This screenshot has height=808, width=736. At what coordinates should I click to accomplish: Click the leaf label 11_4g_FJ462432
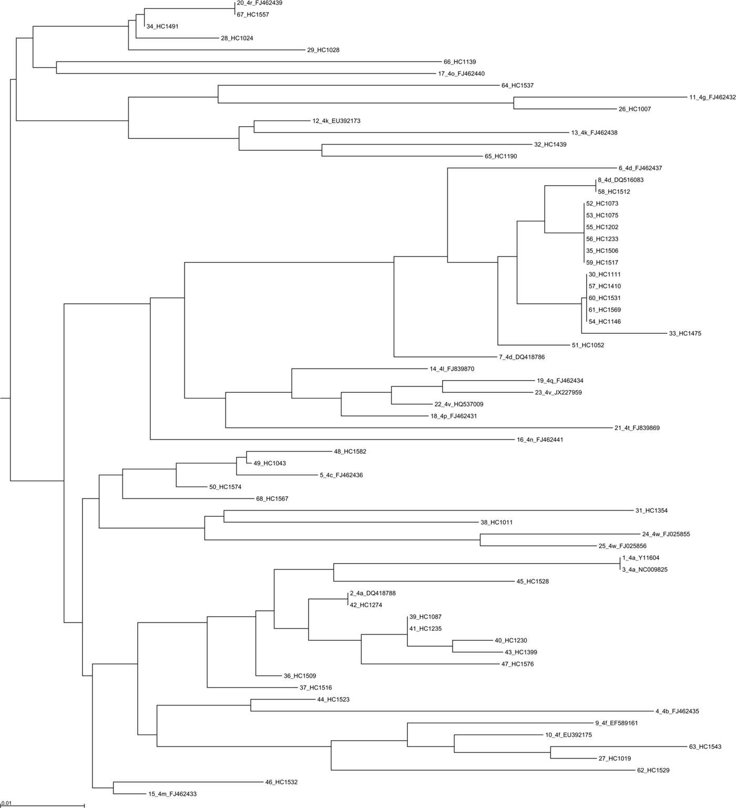(x=712, y=97)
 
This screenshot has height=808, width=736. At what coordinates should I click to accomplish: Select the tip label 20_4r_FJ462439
(x=260, y=3)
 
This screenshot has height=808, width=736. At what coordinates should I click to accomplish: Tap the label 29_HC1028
(x=323, y=50)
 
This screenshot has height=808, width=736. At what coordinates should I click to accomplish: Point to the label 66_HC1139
(x=460, y=62)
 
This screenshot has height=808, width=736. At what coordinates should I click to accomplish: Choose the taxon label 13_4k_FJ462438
(x=595, y=132)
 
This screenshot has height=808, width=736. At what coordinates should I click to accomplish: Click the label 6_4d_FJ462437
(x=640, y=168)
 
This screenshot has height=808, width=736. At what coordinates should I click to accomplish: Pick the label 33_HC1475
(x=685, y=333)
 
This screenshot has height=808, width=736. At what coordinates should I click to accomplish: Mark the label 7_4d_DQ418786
(x=522, y=357)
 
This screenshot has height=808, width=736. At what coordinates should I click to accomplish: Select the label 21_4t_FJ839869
(x=637, y=428)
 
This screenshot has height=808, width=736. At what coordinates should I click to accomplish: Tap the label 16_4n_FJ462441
(x=540, y=439)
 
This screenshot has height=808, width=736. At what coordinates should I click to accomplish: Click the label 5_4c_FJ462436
(x=341, y=475)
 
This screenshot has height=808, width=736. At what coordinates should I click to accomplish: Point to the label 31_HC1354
(x=651, y=510)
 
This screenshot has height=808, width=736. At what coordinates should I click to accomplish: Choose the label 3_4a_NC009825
(x=645, y=569)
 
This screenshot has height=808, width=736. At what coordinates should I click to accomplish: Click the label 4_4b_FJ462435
(x=677, y=711)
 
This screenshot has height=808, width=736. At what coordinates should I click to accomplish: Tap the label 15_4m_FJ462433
(x=172, y=794)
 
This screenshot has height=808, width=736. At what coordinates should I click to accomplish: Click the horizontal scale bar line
(x=42, y=805)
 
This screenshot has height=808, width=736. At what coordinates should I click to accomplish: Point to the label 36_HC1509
(x=300, y=676)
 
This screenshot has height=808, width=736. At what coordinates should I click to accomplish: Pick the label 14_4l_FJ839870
(x=452, y=369)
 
